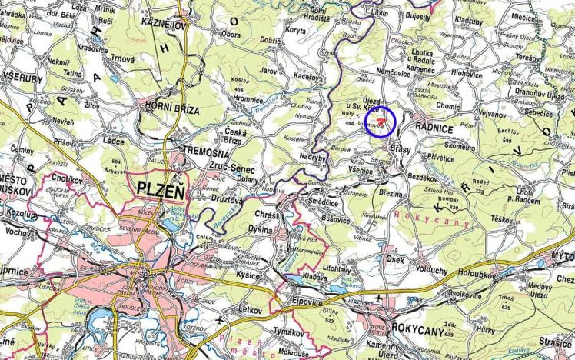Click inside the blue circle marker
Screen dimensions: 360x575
click(x=379, y=122)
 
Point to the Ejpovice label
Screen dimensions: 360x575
click(x=310, y=302)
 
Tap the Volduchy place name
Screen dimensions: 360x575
click(x=431, y=270)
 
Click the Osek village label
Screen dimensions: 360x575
click(x=395, y=259)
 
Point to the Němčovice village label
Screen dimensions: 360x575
click(x=394, y=71)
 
